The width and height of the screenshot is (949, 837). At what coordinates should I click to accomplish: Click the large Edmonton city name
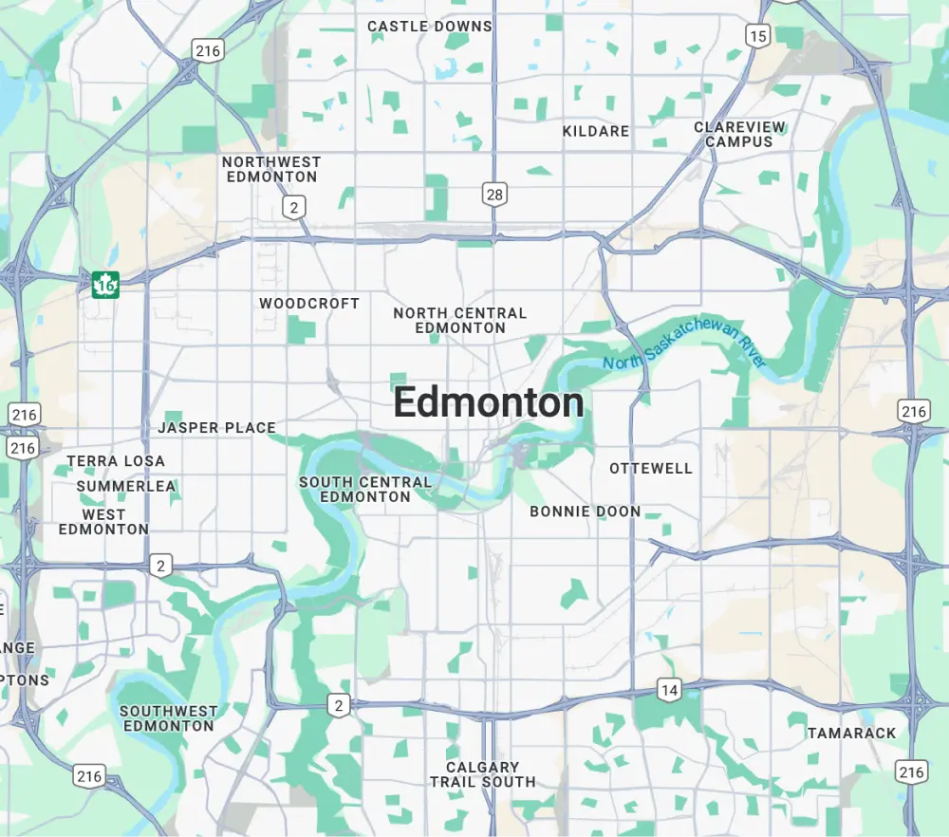[489, 403]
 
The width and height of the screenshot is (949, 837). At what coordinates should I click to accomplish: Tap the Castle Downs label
[430, 27]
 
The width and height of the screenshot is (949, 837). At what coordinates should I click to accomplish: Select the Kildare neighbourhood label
[596, 131]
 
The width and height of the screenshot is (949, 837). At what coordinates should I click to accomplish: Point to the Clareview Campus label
[739, 134]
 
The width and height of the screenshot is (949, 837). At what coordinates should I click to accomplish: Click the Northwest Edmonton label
[271, 169]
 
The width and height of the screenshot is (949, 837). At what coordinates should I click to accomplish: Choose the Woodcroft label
[309, 304]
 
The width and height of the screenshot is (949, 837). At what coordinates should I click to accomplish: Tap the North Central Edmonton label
[460, 320]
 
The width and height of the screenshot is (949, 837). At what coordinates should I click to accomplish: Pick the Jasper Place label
[216, 428]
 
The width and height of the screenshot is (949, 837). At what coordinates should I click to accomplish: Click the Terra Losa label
[116, 461]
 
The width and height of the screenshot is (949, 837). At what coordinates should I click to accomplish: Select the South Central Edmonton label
[365, 489]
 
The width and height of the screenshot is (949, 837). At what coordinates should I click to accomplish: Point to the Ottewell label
[651, 469]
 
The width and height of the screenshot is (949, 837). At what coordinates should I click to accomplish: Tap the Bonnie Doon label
[586, 512]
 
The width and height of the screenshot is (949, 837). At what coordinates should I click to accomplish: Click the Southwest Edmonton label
[168, 718]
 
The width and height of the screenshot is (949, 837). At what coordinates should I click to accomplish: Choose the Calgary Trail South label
[483, 774]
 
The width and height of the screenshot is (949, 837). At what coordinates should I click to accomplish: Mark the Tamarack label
[851, 734]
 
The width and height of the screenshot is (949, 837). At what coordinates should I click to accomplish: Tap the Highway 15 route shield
[757, 37]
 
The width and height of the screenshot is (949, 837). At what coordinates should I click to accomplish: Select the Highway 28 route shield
[494, 195]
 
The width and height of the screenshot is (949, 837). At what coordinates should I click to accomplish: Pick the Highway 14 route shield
[670, 690]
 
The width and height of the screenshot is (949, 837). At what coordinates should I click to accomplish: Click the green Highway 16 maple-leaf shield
[105, 284]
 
